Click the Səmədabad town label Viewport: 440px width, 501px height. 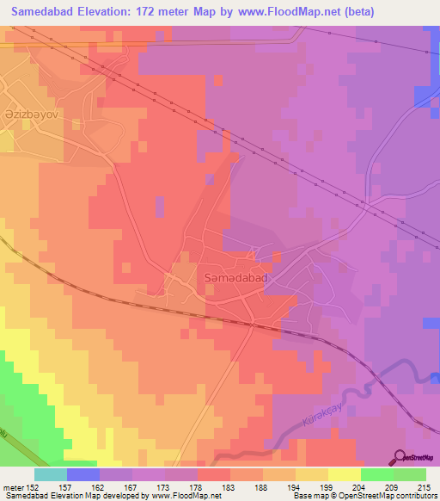(x=236, y=279)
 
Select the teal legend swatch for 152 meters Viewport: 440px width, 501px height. (x=50, y=474)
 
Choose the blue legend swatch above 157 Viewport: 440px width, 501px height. (x=83, y=474)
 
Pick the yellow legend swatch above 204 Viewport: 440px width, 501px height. (x=345, y=474)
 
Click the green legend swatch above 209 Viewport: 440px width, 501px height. (x=377, y=474)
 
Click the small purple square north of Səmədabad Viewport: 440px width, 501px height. (x=160, y=206)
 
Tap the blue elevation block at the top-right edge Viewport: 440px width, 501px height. (x=426, y=96)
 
